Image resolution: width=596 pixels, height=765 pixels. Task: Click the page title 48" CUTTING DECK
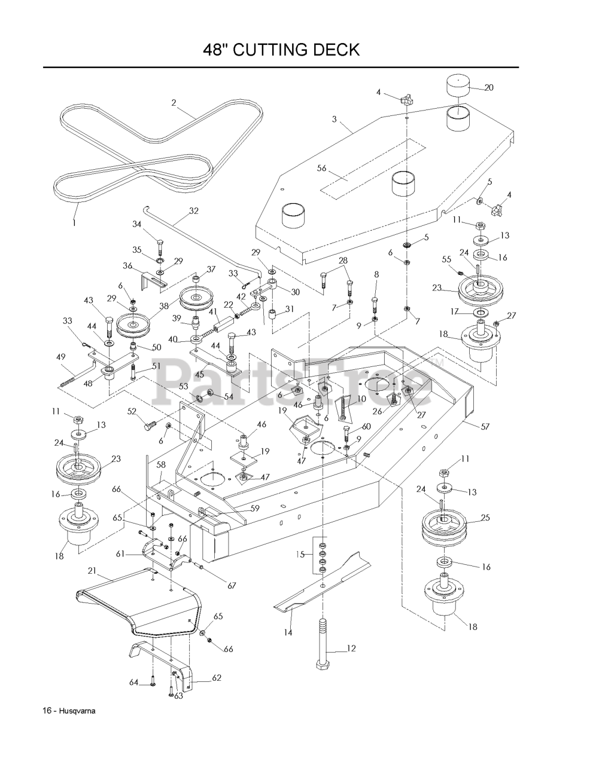coord(281,50)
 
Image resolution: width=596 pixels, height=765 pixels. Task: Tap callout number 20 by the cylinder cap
coord(488,87)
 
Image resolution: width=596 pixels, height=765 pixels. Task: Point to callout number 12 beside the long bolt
coord(351,648)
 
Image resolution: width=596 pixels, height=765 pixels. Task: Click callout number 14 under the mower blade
coord(288,632)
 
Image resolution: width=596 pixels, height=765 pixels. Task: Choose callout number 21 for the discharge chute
coord(92,571)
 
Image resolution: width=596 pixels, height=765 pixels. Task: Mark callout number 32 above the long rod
coord(193,210)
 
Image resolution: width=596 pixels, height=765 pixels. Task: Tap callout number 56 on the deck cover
coord(322,169)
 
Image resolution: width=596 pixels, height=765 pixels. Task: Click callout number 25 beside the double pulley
coord(485,518)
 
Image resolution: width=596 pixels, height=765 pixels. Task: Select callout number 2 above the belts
coord(174,102)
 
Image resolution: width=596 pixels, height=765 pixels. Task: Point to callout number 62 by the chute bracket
coord(216,678)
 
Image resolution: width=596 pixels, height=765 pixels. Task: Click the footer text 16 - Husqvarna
coord(69,711)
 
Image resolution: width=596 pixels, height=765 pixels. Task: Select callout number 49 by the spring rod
coord(60,357)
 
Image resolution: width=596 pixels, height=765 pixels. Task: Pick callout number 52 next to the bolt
coord(132,411)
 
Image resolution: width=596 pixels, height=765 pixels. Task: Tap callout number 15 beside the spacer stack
coord(301,555)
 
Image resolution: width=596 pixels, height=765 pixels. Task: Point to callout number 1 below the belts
coord(75,222)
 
